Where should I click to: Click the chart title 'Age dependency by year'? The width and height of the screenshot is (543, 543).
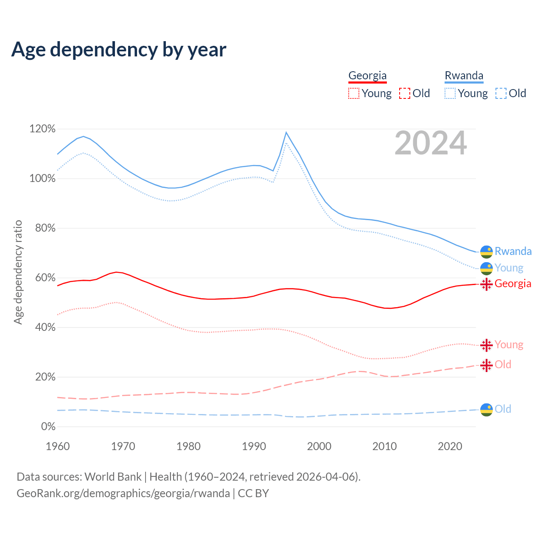tap(119, 50)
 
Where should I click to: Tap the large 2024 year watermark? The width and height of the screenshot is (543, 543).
tap(431, 143)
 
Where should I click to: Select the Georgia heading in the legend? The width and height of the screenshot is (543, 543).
tap(367, 76)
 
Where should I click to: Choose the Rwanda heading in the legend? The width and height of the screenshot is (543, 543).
tap(464, 76)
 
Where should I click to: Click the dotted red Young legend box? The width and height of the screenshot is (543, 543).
tap(354, 93)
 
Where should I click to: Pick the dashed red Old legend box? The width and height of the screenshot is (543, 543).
tap(405, 93)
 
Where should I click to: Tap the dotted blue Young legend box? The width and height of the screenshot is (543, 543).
tap(450, 93)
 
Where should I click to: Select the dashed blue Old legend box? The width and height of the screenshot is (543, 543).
tap(501, 93)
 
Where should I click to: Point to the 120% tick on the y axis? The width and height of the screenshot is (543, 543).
tap(42, 129)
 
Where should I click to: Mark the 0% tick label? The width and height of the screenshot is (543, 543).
tap(48, 427)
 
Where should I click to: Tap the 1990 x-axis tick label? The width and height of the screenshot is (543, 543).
tap(254, 446)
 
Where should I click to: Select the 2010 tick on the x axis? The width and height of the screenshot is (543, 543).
tap(384, 446)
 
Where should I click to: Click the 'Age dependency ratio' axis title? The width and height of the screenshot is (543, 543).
tap(18, 272)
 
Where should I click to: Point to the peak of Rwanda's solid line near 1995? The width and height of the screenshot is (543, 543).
tap(286, 132)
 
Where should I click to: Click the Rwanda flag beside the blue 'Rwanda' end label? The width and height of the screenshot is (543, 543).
tap(487, 252)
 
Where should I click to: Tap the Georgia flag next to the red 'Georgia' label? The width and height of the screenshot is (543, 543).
tap(487, 284)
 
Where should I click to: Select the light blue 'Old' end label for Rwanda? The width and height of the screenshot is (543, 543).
tap(503, 409)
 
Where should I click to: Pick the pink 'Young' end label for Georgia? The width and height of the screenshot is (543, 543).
tap(509, 344)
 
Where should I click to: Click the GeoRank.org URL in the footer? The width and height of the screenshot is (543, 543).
tap(123, 493)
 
